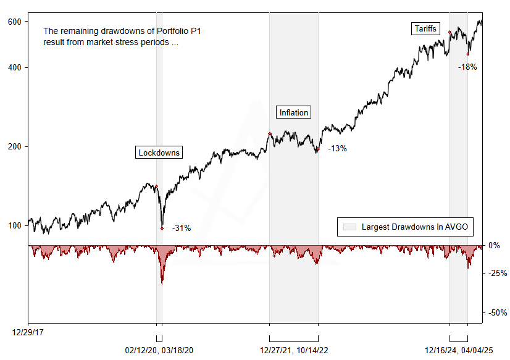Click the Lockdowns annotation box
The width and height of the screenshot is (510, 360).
[159, 153]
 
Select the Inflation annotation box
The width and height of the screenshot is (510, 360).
[293, 112]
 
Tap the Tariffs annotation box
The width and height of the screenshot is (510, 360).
[424, 28]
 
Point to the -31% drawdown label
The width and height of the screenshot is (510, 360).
[181, 228]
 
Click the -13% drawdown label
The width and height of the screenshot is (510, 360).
[337, 148]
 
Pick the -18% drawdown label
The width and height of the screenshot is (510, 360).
[467, 67]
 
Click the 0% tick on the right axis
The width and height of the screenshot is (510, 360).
[494, 245]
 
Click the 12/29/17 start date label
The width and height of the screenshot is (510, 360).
[28, 332]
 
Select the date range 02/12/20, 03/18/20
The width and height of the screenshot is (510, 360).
[159, 350]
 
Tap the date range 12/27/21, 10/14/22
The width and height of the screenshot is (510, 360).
[294, 350]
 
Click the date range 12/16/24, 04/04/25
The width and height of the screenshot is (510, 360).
[459, 350]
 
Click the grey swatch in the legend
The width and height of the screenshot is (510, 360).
[349, 227]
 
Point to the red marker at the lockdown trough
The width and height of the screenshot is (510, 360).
[162, 228]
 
